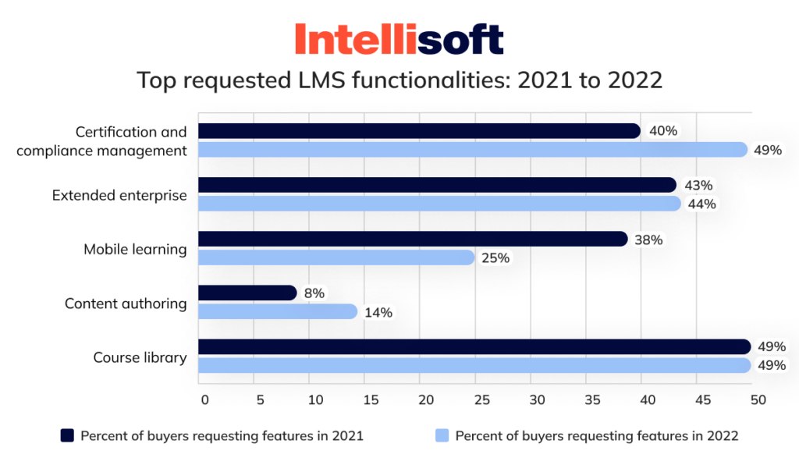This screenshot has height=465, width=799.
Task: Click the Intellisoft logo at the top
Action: click(399, 39)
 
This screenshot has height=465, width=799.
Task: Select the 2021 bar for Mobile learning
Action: click(413, 239)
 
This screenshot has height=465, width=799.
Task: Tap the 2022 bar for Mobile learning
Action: click(336, 257)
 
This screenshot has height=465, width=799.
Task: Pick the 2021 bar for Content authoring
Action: click(248, 293)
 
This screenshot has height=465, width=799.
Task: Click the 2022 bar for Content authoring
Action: click(278, 312)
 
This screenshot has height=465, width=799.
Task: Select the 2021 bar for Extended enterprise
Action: click(437, 185)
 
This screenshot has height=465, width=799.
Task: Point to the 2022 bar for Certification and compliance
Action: click(473, 150)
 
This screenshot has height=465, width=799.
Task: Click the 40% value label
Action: click(662, 131)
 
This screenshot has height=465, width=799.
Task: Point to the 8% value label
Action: click(314, 293)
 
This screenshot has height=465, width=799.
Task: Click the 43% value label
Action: click(698, 186)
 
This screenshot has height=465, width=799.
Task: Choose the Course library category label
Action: click(140, 358)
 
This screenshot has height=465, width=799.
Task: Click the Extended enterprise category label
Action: click(119, 195)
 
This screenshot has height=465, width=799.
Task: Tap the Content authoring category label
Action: click(126, 303)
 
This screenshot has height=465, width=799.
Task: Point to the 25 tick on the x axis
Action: click(481, 400)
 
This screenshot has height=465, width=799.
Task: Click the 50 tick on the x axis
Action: click(756, 400)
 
